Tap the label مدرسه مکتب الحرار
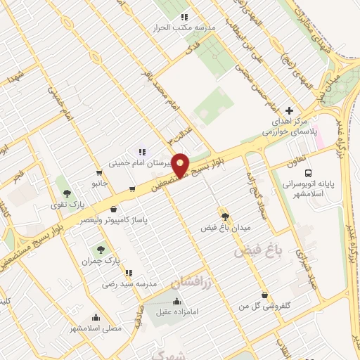click(185, 27)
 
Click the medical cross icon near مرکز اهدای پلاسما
click(290, 110)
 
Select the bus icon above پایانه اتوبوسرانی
click(307, 173)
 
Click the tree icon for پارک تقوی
click(67, 193)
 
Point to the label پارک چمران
click(98, 261)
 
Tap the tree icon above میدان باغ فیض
click(225, 216)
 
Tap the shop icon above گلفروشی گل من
click(264, 295)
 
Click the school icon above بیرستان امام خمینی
click(142, 151)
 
